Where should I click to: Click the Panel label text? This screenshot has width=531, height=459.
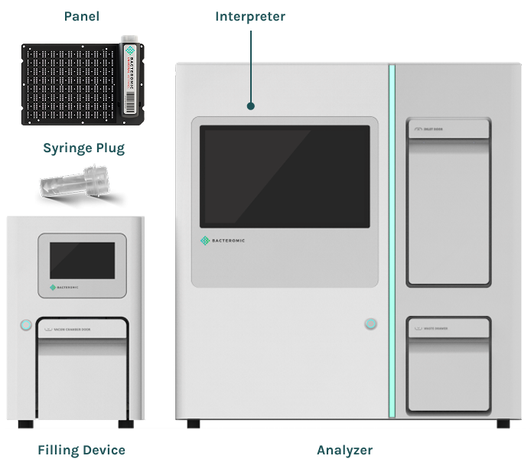coord(82,16)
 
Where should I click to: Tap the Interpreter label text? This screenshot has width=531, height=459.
coord(250,16)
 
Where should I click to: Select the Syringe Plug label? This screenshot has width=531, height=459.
coord(83,148)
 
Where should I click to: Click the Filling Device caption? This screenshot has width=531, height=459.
coord(81,450)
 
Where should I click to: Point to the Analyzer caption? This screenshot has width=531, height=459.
coord(344,450)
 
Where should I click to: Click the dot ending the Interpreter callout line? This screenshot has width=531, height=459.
coord(250,107)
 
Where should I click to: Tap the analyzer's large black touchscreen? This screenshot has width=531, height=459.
coord(285,176)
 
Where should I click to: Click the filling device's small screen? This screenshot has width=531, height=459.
coord(83,260)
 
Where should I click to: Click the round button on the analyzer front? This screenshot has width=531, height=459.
coord(371,324)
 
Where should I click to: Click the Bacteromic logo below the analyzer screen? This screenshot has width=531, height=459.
coord(222,241)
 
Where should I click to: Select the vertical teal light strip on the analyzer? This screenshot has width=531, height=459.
coord(392,241)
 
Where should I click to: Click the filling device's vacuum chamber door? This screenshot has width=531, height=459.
coord(83,375)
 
